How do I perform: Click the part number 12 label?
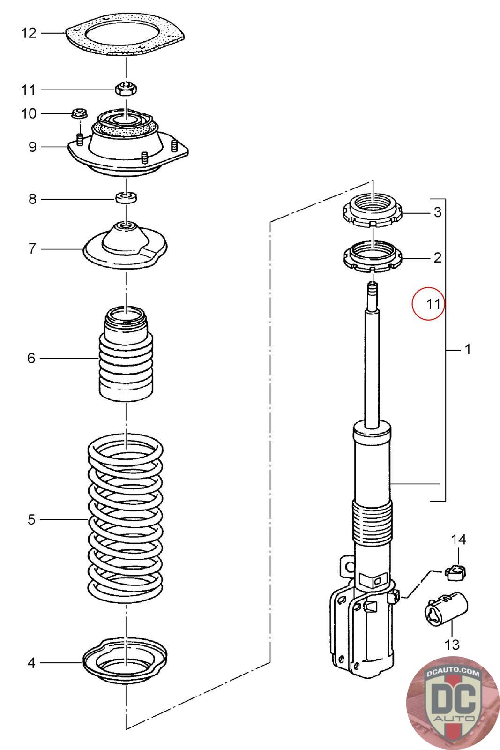(x=29, y=33)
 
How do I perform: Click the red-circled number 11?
(x=428, y=303)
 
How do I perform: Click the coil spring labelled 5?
(x=126, y=520)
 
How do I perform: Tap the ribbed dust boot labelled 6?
(x=126, y=356)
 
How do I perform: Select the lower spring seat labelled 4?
(x=126, y=661)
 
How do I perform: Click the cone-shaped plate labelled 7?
(x=126, y=246)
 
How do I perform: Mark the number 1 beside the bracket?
(x=467, y=349)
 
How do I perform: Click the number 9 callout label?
(x=32, y=147)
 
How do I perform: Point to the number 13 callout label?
(x=452, y=645)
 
